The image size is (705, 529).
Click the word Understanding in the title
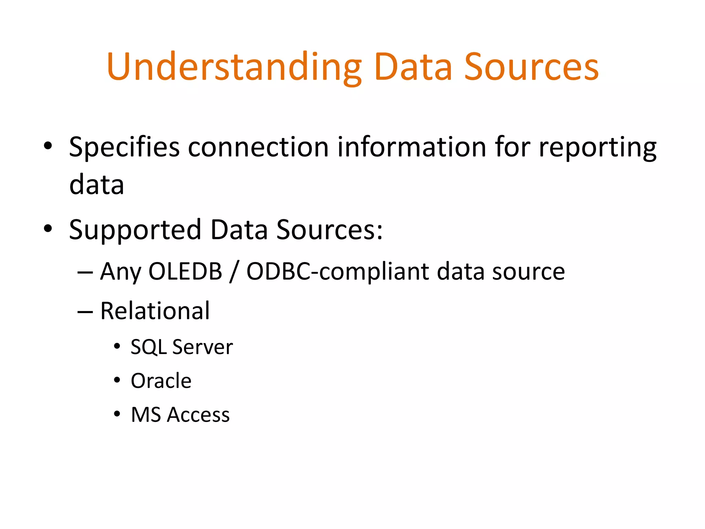point(234,67)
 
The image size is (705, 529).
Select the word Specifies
point(124,147)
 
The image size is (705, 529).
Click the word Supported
point(135,230)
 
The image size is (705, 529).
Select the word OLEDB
point(185,271)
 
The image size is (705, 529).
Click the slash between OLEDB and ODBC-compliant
point(234,272)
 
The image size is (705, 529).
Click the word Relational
point(155,311)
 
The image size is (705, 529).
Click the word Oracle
point(161,381)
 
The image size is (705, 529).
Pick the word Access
point(198,415)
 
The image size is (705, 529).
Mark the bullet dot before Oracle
point(117,380)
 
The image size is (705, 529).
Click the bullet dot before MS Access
point(117,414)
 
